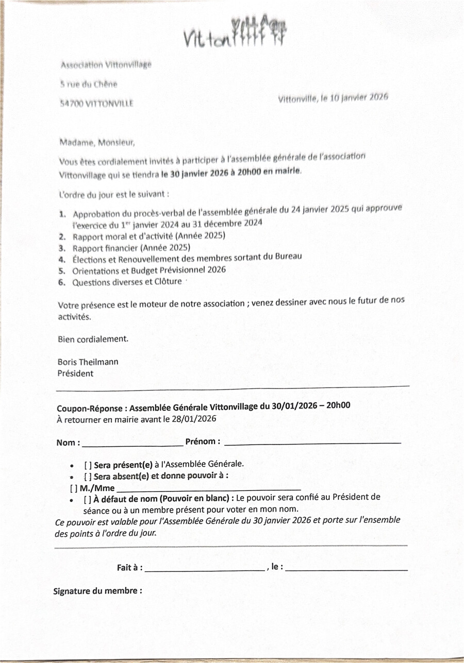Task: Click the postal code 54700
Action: pyautogui.click(x=69, y=103)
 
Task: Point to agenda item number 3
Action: pyautogui.click(x=61, y=248)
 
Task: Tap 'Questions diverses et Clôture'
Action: pyautogui.click(x=127, y=282)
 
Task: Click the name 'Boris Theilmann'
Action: pyautogui.click(x=88, y=362)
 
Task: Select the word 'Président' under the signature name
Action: pyautogui.click(x=75, y=373)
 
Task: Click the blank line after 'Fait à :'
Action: pyautogui.click(x=204, y=569)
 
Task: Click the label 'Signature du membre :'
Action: pyautogui.click(x=97, y=591)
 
